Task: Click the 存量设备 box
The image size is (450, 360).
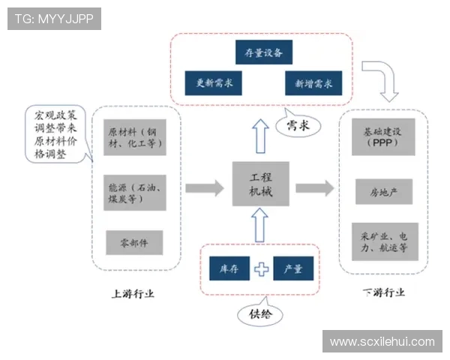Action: (x=263, y=53)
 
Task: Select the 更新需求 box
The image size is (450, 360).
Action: (x=214, y=82)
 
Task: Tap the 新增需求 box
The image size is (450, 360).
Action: (x=313, y=82)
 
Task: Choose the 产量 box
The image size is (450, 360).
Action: (x=292, y=268)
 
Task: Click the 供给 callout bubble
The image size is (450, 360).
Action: (x=259, y=316)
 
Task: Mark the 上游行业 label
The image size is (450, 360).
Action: (x=132, y=292)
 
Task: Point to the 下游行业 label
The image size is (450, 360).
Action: (x=383, y=292)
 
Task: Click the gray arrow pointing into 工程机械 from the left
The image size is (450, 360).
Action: (x=204, y=187)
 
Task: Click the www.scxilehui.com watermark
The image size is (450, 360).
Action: (x=382, y=342)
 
